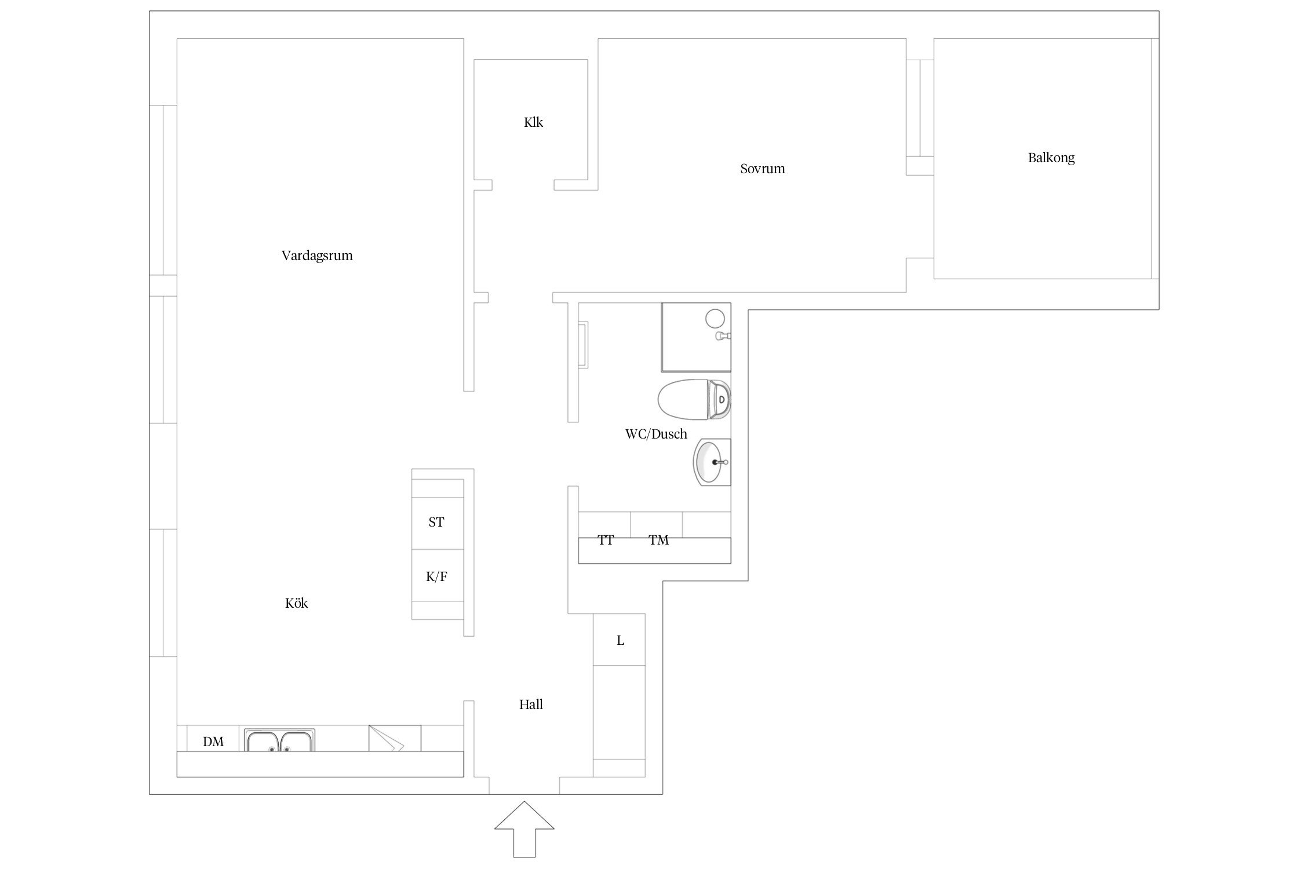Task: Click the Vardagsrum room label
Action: coord(317,255)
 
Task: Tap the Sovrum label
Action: coord(763,169)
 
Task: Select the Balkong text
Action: coord(1051,158)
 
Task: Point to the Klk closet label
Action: coord(533,122)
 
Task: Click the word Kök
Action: coord(296,603)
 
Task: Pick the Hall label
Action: coord(531,704)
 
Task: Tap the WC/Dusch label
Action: coord(656,434)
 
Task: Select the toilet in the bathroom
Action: coord(694,400)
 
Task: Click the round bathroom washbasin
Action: coord(712,462)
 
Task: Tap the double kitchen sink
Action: coord(280,740)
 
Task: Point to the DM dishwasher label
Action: coord(213,742)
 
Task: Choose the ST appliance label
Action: coord(436,522)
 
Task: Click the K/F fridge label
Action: coord(436,576)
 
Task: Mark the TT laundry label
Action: coord(606,540)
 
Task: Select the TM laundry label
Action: coord(658,540)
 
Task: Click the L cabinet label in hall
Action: coord(620,640)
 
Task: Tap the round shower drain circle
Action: coord(715,318)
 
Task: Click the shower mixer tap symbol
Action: coord(724,335)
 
